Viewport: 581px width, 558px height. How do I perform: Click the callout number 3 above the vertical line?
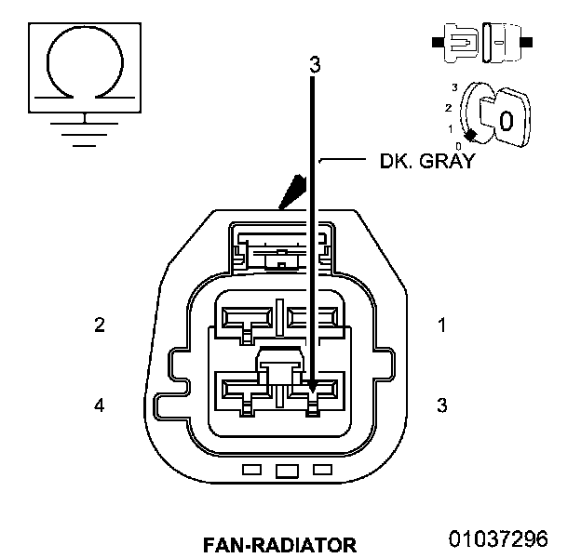tap(315, 65)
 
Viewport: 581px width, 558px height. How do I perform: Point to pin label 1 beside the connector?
tap(442, 325)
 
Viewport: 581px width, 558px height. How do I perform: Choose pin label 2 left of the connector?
tap(99, 325)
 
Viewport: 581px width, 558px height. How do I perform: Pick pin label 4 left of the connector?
tap(99, 405)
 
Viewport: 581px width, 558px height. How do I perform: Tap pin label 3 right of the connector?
tap(442, 405)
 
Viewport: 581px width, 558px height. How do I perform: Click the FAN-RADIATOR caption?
tap(278, 543)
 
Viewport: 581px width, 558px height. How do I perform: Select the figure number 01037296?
tap(498, 538)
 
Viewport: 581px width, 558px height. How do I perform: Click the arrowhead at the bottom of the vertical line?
tap(314, 385)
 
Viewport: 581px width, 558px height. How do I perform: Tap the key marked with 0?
tap(504, 118)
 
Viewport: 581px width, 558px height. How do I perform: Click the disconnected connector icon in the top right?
tap(481, 42)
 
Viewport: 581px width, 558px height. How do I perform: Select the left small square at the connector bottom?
tap(250, 470)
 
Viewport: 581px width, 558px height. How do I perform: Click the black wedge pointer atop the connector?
tap(295, 190)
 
